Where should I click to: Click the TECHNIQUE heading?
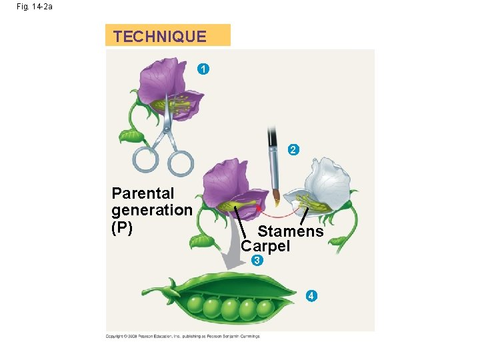(x=160, y=36)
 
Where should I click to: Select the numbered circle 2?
(x=293, y=150)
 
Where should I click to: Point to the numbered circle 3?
(x=257, y=261)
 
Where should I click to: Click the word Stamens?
(x=291, y=232)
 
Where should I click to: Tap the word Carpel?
(x=266, y=246)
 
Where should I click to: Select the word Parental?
(x=143, y=194)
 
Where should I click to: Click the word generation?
(x=152, y=210)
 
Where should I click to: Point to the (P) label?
(x=123, y=227)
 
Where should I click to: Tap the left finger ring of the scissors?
(x=146, y=159)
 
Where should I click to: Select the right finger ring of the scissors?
(x=179, y=162)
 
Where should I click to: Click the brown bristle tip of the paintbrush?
(x=275, y=197)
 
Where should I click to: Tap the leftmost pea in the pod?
(x=195, y=305)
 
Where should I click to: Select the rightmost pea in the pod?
(x=265, y=308)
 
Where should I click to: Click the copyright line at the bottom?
(x=183, y=336)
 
